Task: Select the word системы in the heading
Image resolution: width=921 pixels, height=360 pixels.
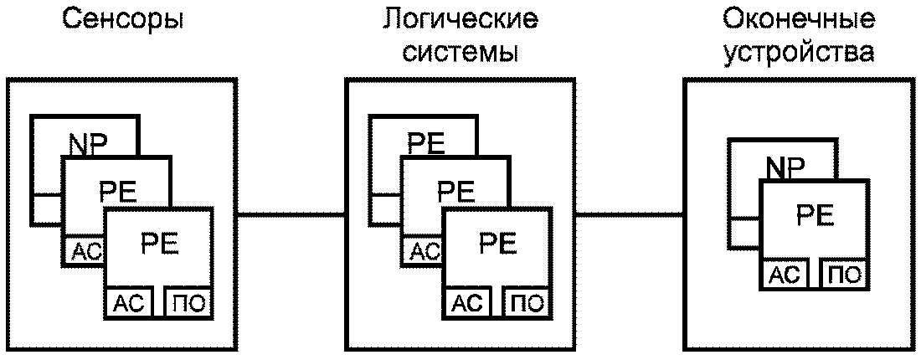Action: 460,54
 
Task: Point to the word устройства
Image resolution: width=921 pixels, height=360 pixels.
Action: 799,54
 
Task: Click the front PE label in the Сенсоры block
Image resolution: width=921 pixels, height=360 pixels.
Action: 159,244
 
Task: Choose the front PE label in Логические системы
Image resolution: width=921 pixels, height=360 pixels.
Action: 497,244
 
